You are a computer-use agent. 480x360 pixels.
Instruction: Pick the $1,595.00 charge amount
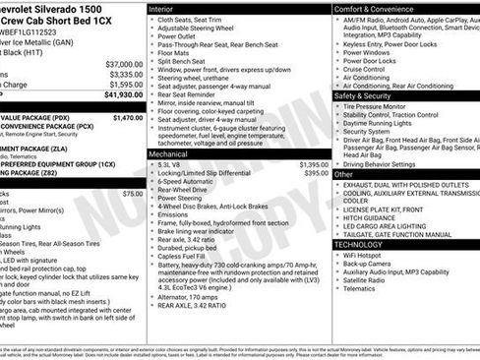124,85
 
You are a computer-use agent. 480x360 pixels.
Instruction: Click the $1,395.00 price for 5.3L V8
314,164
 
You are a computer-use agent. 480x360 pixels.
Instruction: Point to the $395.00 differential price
317,173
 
